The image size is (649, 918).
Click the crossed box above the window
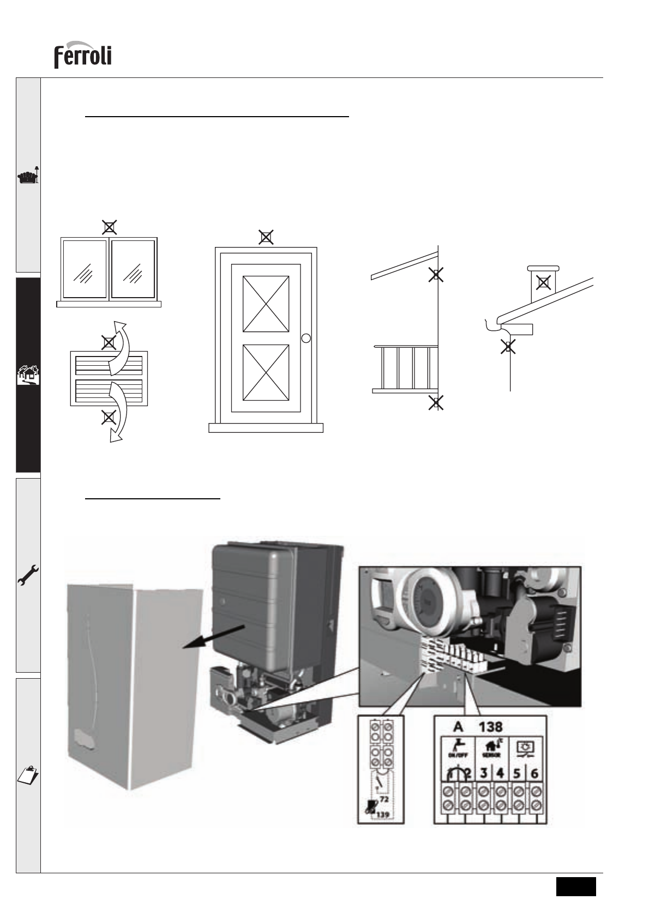[x=110, y=227]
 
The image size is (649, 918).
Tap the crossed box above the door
[x=266, y=237]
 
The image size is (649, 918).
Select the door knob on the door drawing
[x=306, y=338]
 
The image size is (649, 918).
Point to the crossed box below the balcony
[x=435, y=403]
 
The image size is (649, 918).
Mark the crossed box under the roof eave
[x=435, y=275]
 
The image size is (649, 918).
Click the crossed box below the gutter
[x=508, y=347]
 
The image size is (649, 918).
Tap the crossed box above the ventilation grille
[x=109, y=342]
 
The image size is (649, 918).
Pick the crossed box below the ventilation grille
[x=109, y=418]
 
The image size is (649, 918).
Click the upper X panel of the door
[x=266, y=304]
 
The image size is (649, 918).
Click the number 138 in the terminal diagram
[x=491, y=727]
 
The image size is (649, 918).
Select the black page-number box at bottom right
[x=576, y=886]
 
